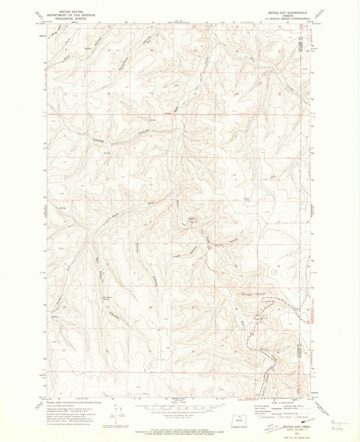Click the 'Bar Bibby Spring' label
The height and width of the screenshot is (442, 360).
point(107,297)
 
